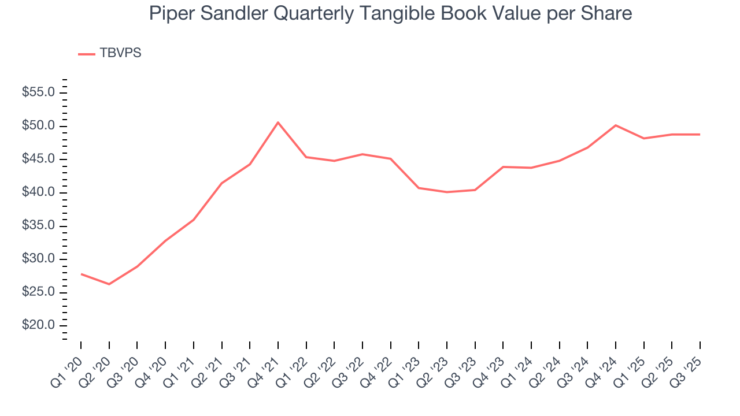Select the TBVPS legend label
(x=120, y=53)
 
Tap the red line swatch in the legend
(x=87, y=54)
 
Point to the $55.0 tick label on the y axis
(x=38, y=92)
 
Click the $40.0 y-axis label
(x=38, y=192)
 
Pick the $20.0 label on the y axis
(x=38, y=325)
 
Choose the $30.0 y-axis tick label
(x=38, y=259)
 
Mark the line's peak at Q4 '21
(x=278, y=122)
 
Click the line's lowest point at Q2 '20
(x=109, y=284)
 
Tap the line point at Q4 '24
(x=616, y=125)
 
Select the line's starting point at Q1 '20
(x=81, y=274)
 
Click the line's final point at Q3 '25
(x=700, y=135)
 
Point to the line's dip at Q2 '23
(x=447, y=192)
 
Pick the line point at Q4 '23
(x=503, y=167)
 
